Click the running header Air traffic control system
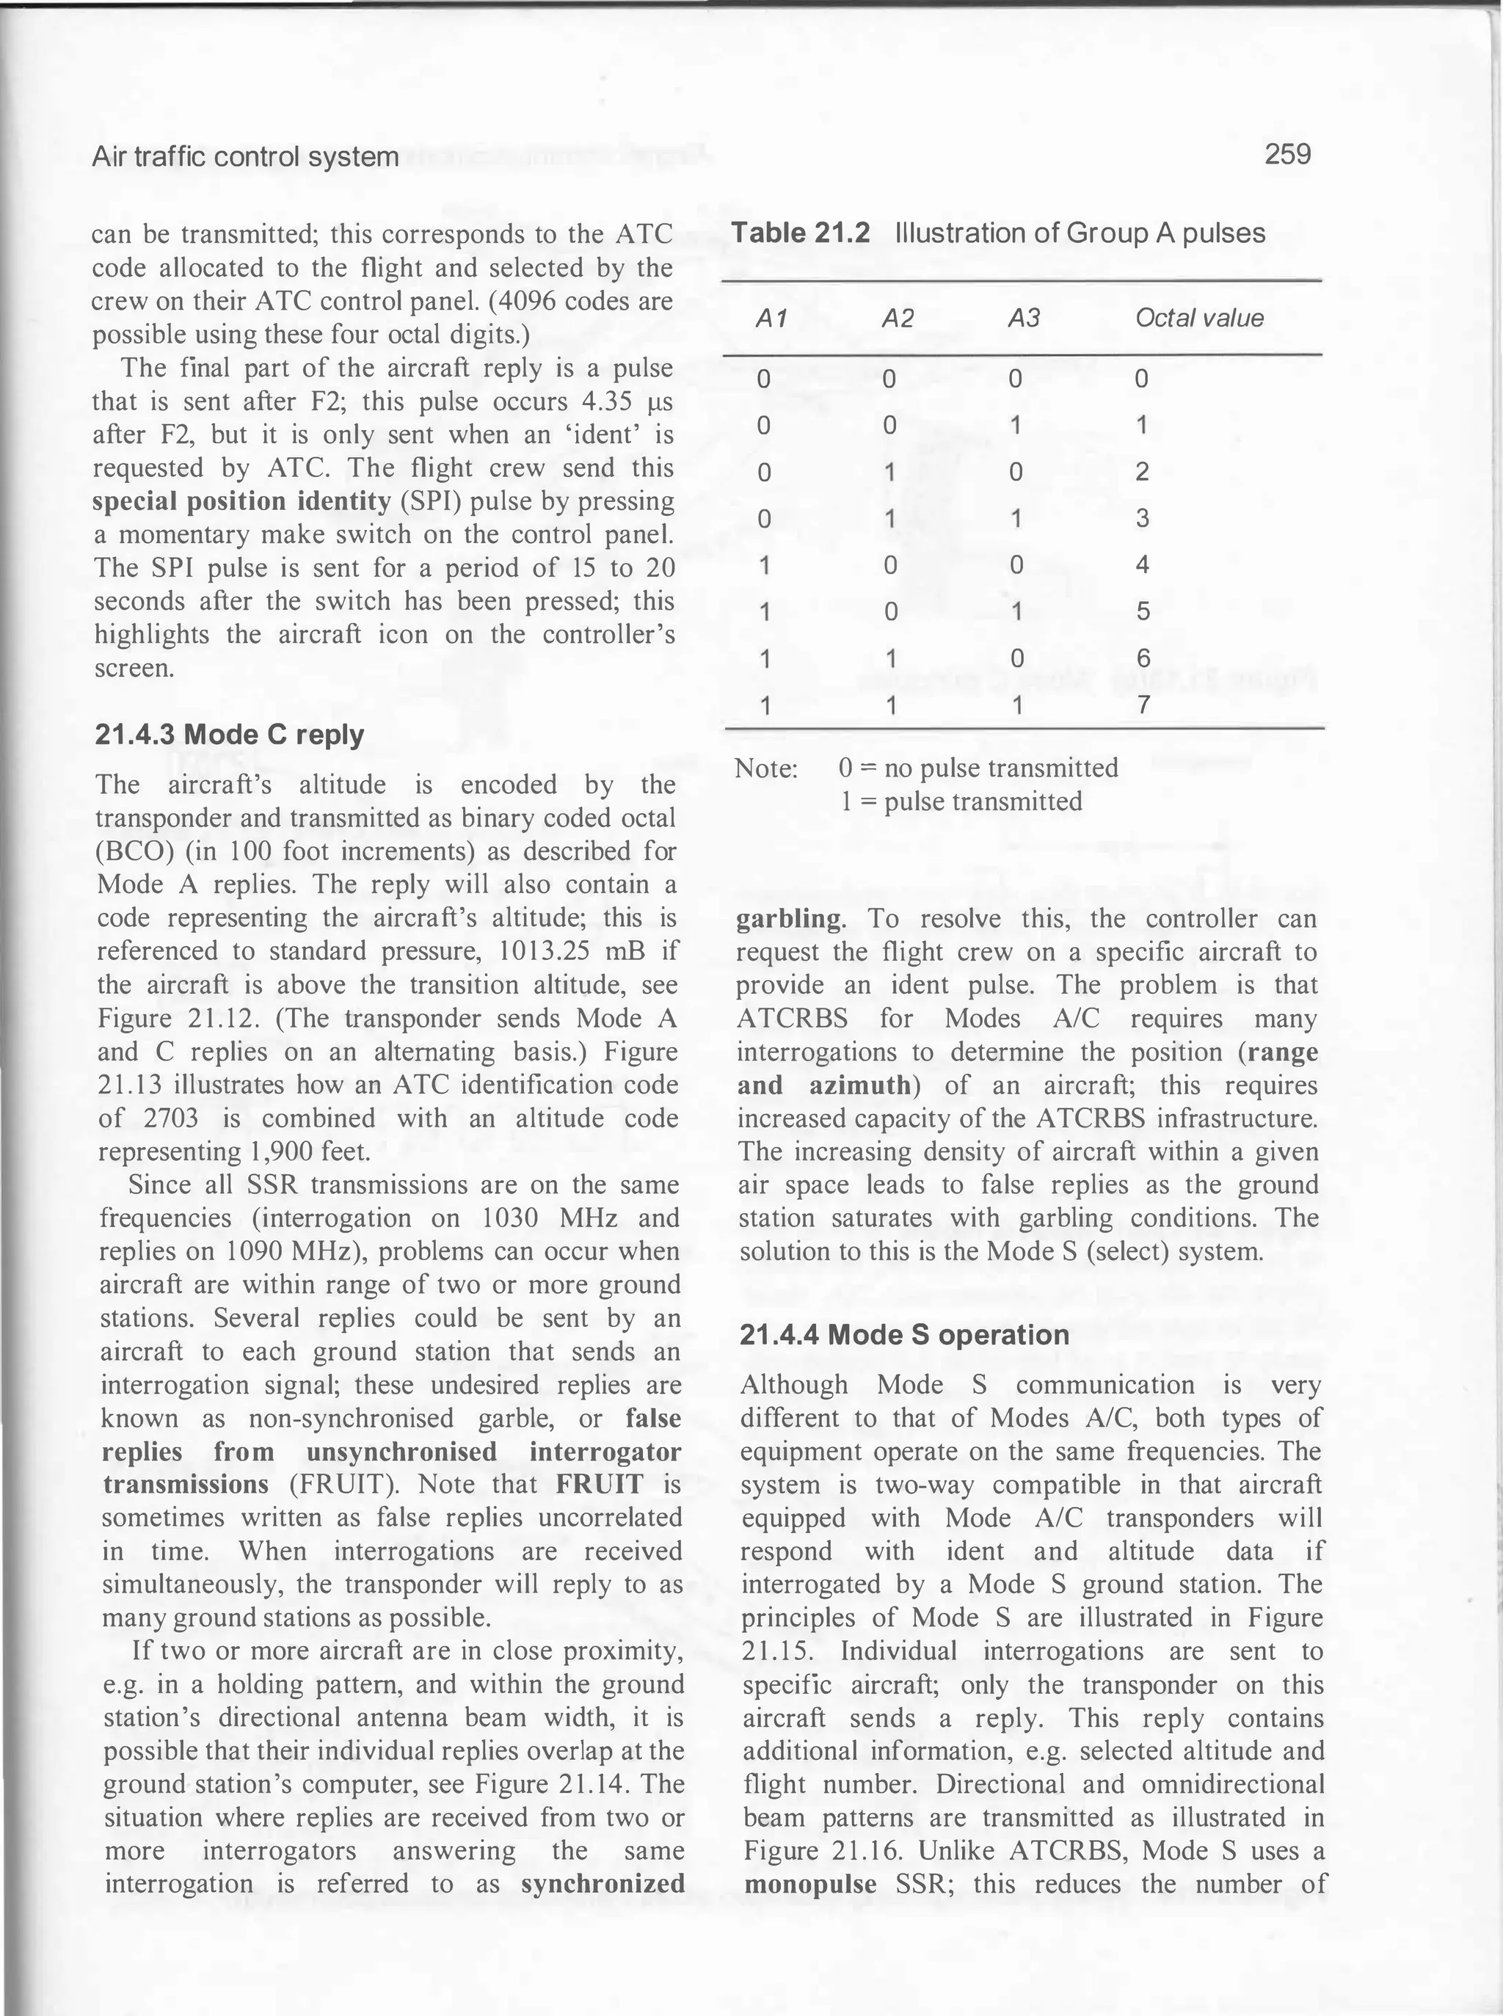point(246,157)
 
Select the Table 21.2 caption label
point(801,234)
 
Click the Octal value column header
point(1198,318)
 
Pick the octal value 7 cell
point(1143,705)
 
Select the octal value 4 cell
point(1143,565)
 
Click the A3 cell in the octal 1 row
point(1018,425)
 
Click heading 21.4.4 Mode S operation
point(904,1335)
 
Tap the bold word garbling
point(790,918)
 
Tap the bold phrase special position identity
point(242,501)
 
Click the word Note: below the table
point(766,768)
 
